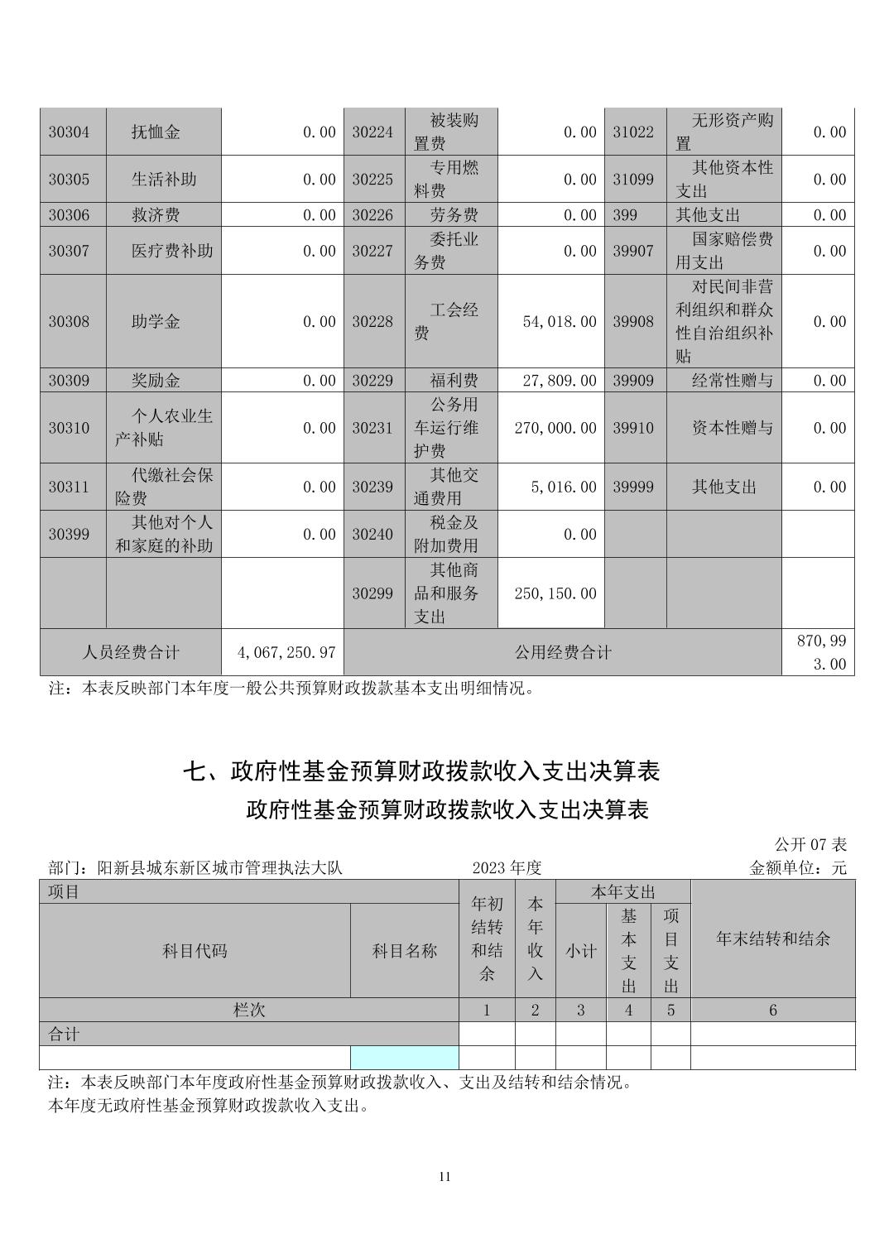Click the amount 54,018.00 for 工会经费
[560, 322]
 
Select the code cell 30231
[372, 428]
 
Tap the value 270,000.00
[555, 428]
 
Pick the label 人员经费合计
[131, 652]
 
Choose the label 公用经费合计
[563, 652]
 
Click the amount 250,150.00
[555, 593]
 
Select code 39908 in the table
[633, 322]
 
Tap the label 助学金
[156, 322]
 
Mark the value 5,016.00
[563, 487]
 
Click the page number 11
[444, 1177]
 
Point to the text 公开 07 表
[810, 844]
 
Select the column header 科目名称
[404, 951]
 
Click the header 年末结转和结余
[772, 939]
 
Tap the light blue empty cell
[404, 1058]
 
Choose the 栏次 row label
[249, 1010]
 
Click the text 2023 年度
[507, 867]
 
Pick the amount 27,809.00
[560, 381]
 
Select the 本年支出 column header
[622, 892]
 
